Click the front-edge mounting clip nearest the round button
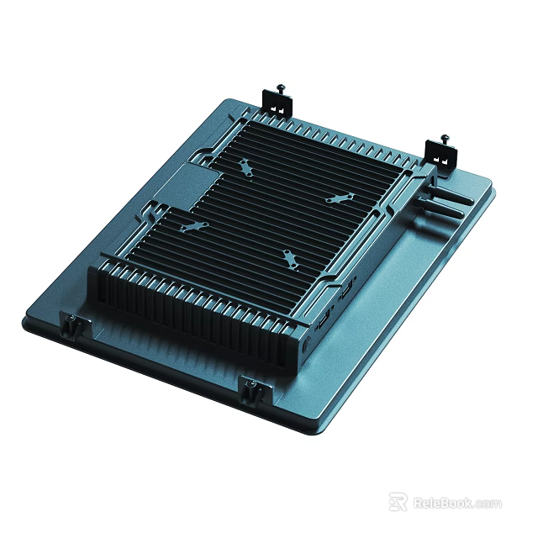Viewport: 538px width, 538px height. pos(251,389)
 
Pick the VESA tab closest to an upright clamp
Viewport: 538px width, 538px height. pos(244,168)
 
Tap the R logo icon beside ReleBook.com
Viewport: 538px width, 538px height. pos(398,503)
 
